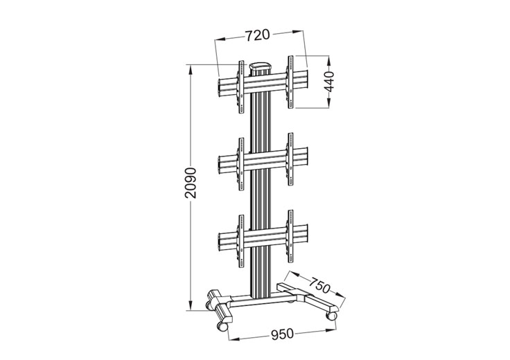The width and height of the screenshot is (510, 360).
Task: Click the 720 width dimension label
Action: [x=256, y=33]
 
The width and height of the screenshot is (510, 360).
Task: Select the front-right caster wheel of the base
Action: [x=332, y=314]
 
